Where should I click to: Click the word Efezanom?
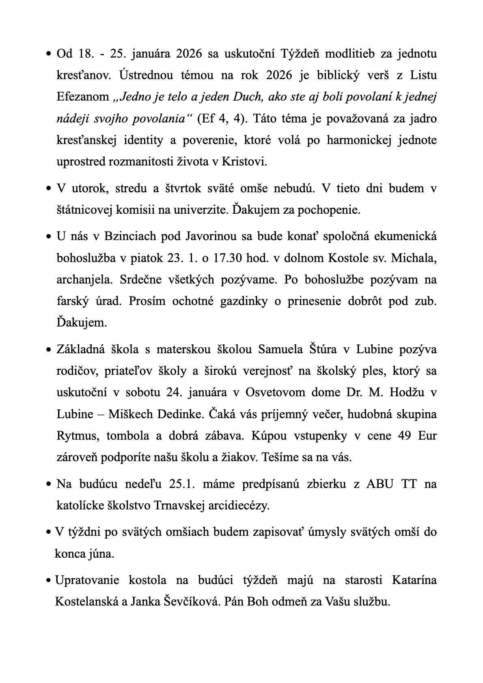(x=83, y=97)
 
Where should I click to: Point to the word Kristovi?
(x=244, y=162)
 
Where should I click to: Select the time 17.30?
(x=227, y=258)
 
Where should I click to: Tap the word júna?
(x=101, y=554)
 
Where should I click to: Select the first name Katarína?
(x=414, y=580)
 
